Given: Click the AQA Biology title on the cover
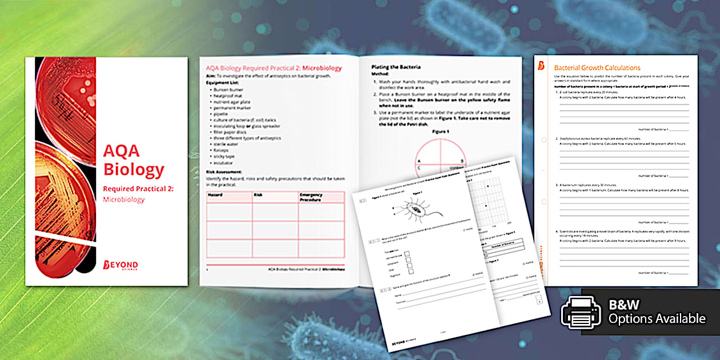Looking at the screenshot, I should (133, 161).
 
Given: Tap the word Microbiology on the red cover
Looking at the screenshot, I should (124, 199).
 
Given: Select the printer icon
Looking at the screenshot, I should (581, 313).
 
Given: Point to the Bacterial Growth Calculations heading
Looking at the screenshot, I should (597, 67).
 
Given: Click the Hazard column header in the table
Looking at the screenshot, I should (215, 195).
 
